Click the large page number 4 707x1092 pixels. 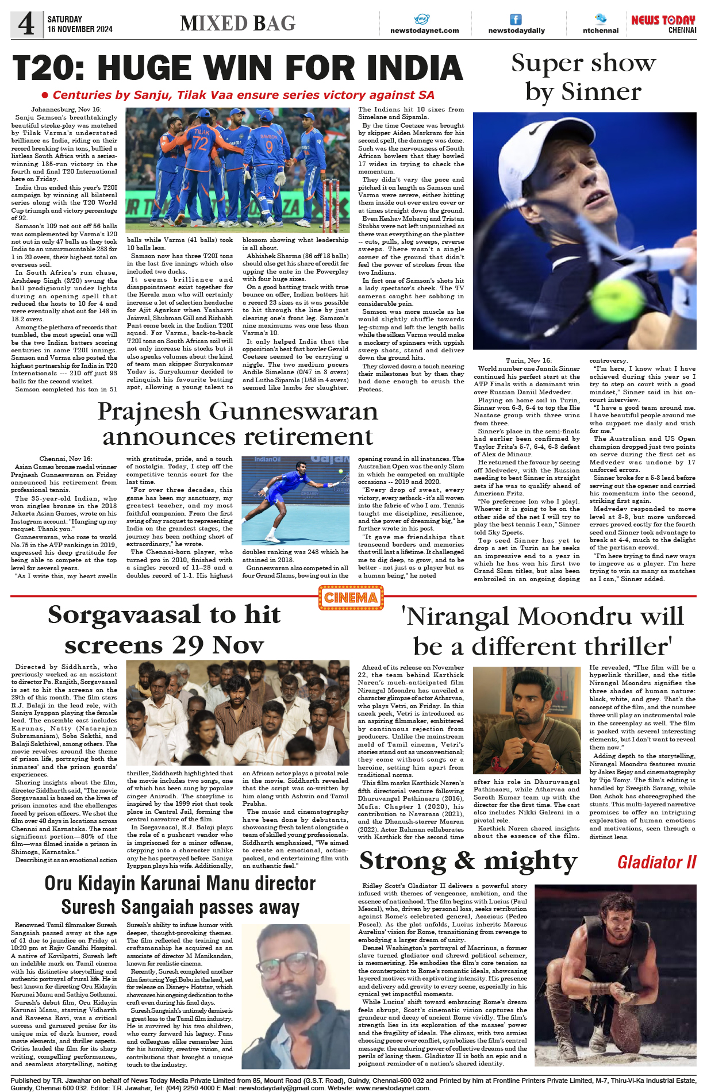pyautogui.click(x=26, y=24)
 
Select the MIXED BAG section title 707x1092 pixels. pyautogui.click(x=237, y=23)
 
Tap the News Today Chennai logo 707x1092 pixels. pyautogui.click(x=663, y=24)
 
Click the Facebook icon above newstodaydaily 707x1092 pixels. pyautogui.click(x=516, y=20)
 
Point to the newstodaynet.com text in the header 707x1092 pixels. pyautogui.click(x=424, y=30)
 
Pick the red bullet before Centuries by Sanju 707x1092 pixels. pyautogui.click(x=45, y=95)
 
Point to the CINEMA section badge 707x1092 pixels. pyautogui.click(x=351, y=598)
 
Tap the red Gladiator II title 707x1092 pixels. pyautogui.click(x=656, y=862)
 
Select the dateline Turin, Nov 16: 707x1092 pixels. pyautogui.click(x=528, y=360)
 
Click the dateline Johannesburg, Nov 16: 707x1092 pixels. pyautogui.click(x=66, y=109)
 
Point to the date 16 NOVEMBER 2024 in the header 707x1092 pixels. pyautogui.click(x=80, y=29)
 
